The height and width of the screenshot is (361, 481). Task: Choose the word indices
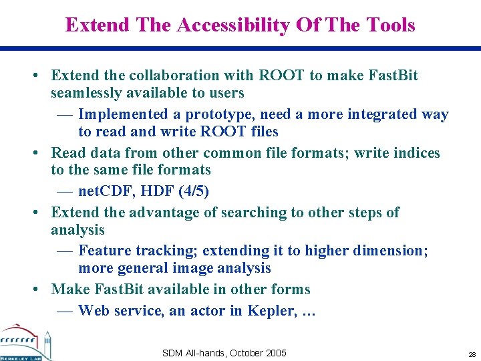[413, 153]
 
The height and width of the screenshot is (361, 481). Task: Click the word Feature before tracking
[105, 251]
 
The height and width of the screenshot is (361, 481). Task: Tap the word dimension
[394, 251]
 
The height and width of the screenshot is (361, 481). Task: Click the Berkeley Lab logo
[26, 343]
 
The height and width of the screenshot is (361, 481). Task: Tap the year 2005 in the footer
[275, 353]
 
